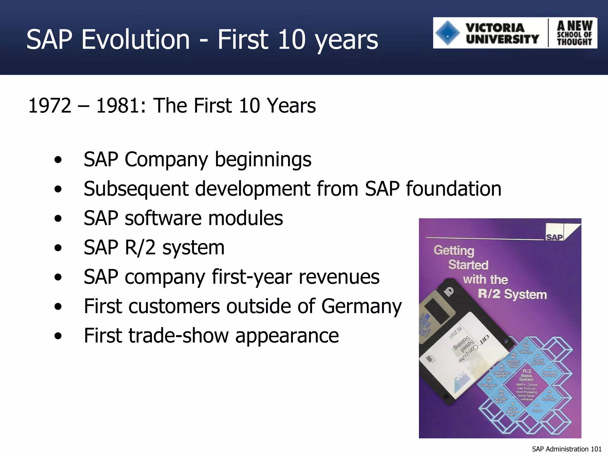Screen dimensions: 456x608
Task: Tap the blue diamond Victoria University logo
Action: (x=448, y=33)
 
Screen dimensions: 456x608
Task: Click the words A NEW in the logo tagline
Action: (x=574, y=26)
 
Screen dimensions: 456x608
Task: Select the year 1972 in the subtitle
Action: (x=50, y=106)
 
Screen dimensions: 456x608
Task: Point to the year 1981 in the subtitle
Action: (x=118, y=106)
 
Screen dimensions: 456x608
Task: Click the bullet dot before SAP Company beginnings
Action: (x=58, y=160)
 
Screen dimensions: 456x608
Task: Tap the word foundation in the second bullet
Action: (x=454, y=189)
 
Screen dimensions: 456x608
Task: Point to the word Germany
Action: (x=361, y=306)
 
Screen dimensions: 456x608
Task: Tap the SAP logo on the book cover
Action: (x=554, y=237)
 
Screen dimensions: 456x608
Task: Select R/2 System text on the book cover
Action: (x=512, y=294)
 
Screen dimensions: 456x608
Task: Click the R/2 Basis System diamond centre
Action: (x=526, y=375)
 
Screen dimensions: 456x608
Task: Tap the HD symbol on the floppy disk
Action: (x=449, y=292)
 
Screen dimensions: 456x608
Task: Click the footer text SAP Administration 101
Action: (x=566, y=449)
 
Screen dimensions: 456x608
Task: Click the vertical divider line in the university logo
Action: (x=548, y=33)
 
